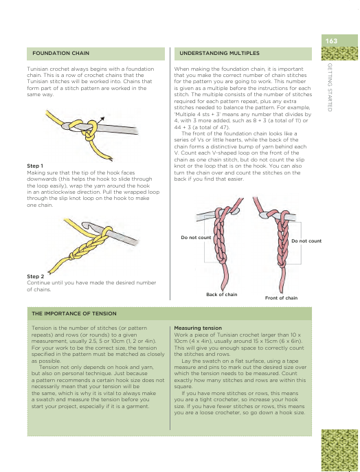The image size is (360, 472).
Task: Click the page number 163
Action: coord(331,41)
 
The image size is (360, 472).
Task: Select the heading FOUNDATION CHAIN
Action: coord(61,54)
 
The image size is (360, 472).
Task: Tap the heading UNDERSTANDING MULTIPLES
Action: coord(219,54)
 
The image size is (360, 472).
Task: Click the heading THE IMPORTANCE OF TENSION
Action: coord(74,314)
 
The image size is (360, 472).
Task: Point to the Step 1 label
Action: coord(35,166)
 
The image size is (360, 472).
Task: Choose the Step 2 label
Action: coord(36,276)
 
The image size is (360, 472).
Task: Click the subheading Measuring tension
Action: coord(198,328)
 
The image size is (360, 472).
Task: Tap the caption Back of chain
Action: coord(221,294)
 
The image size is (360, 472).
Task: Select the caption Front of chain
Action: coord(281,297)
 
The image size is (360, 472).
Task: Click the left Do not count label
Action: coord(196,238)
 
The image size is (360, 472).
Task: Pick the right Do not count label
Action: coord(306,241)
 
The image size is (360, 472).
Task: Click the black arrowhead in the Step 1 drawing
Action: coord(102,119)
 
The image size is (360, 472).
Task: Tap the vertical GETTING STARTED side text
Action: coord(330,87)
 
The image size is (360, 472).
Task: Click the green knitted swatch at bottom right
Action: coord(339,450)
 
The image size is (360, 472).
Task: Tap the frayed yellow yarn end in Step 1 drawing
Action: coord(109,157)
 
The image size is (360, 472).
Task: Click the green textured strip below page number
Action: coord(339,54)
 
